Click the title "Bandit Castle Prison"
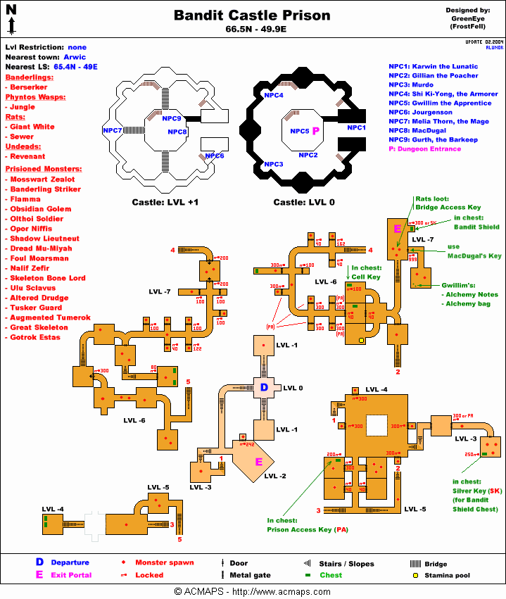point(252,15)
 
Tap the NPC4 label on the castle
point(274,95)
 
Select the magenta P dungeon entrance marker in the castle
point(316,131)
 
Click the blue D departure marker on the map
point(265,388)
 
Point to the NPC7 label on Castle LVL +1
point(113,130)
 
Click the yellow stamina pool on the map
point(362,340)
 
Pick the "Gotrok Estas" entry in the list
point(35,337)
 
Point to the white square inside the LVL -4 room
point(377,425)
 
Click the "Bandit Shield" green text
point(476,227)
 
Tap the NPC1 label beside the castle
point(357,127)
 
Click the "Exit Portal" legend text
point(70,574)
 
